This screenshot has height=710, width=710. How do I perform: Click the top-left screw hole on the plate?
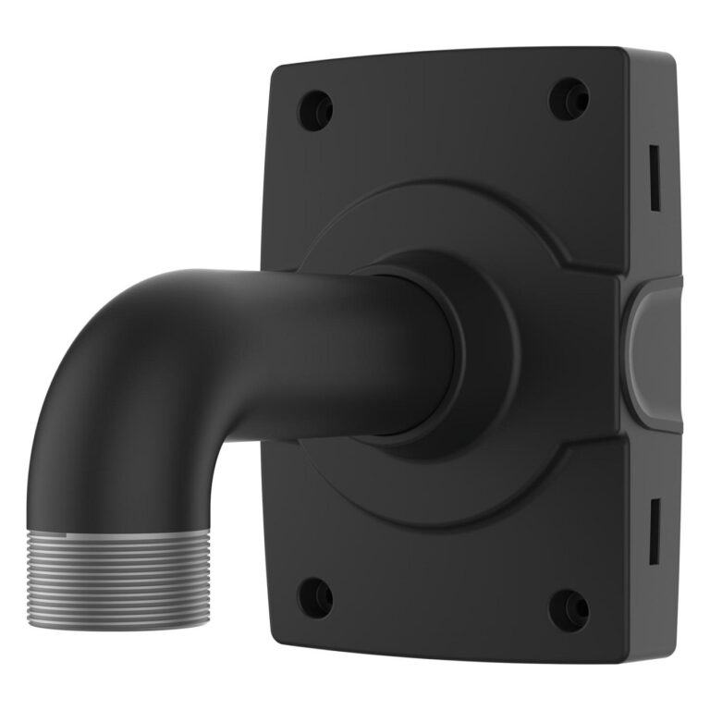[x=314, y=110]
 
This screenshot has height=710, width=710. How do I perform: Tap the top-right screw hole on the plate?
[x=569, y=99]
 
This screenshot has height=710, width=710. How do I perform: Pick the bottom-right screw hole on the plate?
[x=569, y=609]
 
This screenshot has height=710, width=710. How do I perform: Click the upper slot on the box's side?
[x=654, y=175]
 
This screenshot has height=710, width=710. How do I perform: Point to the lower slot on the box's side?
[x=654, y=530]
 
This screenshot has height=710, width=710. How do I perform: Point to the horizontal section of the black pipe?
[x=305, y=351]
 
